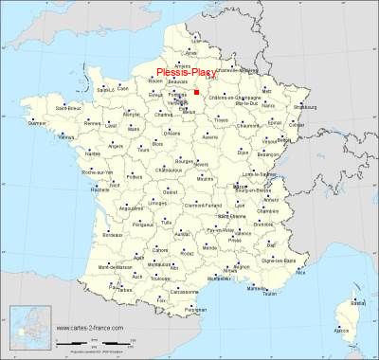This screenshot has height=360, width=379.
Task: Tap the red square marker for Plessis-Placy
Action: (195, 93)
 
